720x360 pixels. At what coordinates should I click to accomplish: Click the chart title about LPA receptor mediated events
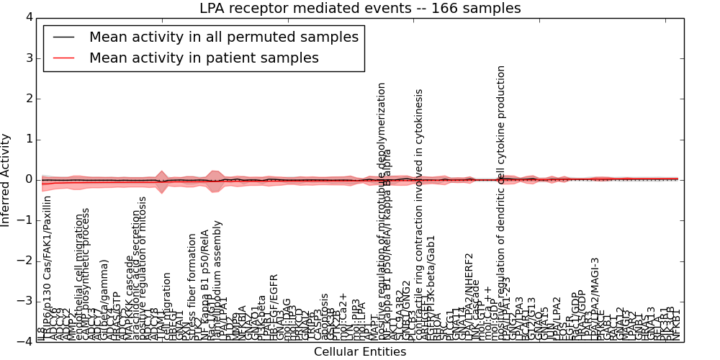tap(360, 9)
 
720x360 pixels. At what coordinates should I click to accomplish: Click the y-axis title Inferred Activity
tap(6, 179)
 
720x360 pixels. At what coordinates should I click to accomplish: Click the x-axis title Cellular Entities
tap(360, 352)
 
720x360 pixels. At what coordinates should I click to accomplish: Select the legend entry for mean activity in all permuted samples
tap(223, 37)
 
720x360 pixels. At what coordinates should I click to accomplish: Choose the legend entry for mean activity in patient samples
tap(204, 58)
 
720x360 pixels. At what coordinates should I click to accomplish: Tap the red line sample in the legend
tap(63, 58)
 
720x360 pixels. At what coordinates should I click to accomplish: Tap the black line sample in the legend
tap(63, 37)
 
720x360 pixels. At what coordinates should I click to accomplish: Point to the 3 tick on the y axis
tap(30, 58)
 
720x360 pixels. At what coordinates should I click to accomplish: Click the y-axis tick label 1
tap(30, 139)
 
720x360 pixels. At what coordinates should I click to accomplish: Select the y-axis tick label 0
tap(30, 179)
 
